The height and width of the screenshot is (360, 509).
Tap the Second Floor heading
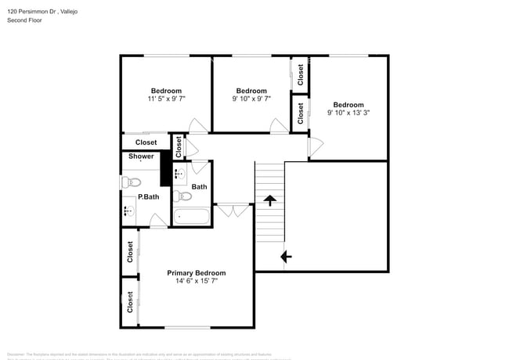tap(24, 20)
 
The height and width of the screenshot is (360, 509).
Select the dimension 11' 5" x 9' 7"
tap(166, 99)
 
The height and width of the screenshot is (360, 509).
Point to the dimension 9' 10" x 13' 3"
tap(348, 113)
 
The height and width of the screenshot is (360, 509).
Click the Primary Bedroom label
tap(196, 273)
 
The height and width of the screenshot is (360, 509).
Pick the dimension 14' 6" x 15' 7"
tap(196, 282)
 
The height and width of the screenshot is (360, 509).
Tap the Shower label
tap(141, 157)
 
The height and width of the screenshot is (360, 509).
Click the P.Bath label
tap(149, 196)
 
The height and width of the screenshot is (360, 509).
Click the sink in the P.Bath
tap(128, 211)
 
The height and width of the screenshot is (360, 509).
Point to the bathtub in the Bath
tap(191, 215)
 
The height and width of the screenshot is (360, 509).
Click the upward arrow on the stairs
tap(270, 201)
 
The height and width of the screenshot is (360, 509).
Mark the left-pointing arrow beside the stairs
tap(286, 256)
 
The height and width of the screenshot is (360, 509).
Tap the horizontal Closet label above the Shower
tap(146, 142)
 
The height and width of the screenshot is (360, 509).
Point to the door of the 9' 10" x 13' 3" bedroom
tap(316, 146)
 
